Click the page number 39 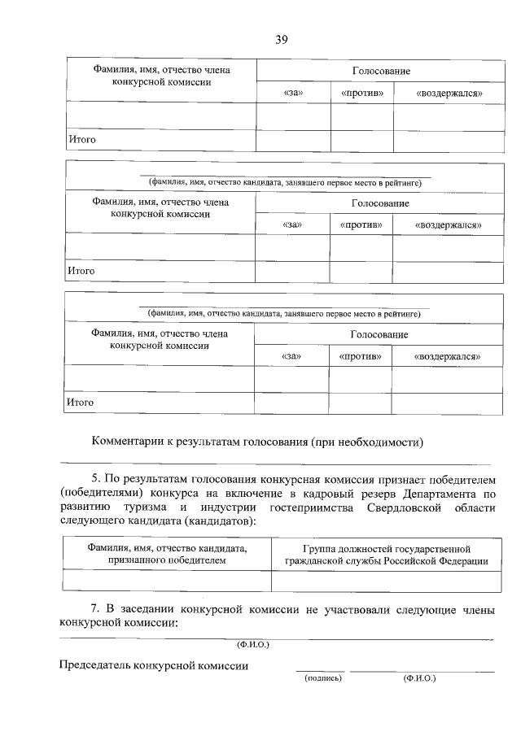coord(282,39)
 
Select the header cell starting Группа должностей coord(386,555)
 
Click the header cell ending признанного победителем coord(166,555)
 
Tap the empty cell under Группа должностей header coord(386,581)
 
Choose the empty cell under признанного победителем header coord(166,581)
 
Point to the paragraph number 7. coord(94,608)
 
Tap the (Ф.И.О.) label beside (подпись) coord(419,677)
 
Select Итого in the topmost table coord(81,140)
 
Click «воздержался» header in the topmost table coord(449,94)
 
